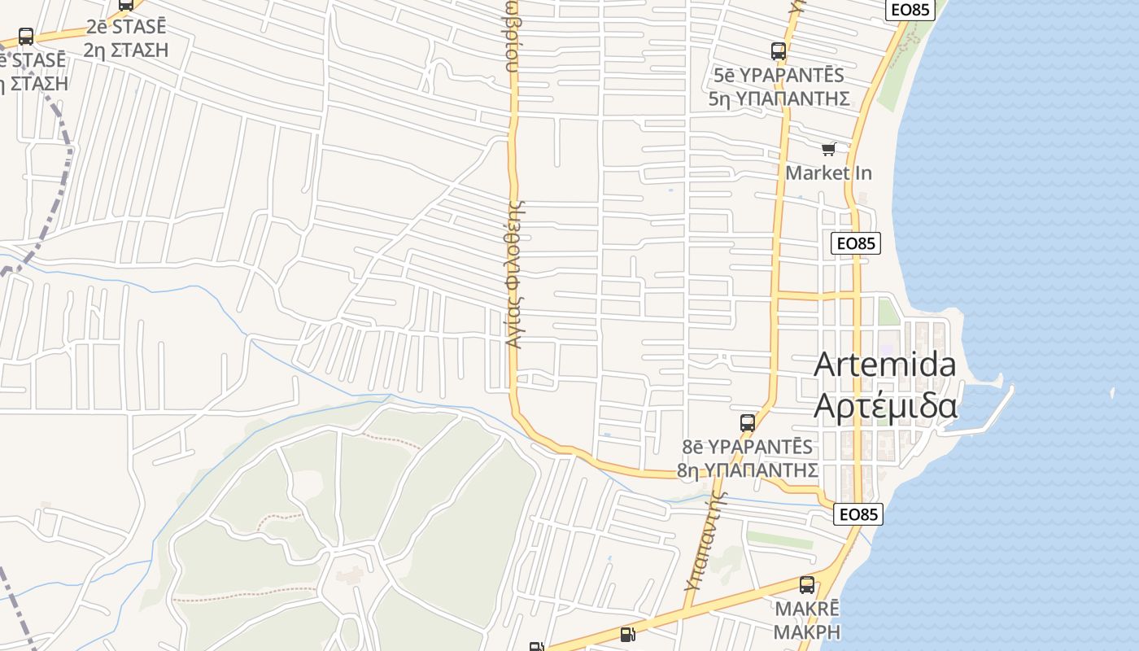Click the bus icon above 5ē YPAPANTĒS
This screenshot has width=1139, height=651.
[x=779, y=51]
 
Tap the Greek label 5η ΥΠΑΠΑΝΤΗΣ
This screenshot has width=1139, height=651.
[x=779, y=99]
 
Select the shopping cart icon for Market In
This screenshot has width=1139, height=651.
[x=828, y=149]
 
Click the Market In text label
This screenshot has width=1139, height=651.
[x=828, y=173]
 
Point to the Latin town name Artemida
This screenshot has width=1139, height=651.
[x=885, y=364]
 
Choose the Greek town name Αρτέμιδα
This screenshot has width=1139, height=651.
[x=885, y=404]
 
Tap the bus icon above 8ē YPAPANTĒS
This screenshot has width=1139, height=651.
[x=748, y=423]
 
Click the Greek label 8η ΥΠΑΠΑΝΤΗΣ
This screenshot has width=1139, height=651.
[x=747, y=470]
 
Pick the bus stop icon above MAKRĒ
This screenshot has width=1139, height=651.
[x=807, y=584]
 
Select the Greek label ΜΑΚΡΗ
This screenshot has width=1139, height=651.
[x=806, y=631]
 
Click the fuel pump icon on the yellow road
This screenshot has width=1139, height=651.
[x=627, y=634]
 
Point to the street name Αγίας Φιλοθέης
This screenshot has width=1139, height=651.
[x=514, y=274]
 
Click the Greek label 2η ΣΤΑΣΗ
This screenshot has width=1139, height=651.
[x=126, y=50]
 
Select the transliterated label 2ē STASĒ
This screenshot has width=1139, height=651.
[x=126, y=27]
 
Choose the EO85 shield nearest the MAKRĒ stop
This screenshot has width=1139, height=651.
[x=858, y=514]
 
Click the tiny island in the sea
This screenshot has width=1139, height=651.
[x=1112, y=393]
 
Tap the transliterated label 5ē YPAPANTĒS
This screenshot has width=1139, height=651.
[x=779, y=76]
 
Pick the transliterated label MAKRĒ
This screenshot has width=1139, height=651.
[x=806, y=609]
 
